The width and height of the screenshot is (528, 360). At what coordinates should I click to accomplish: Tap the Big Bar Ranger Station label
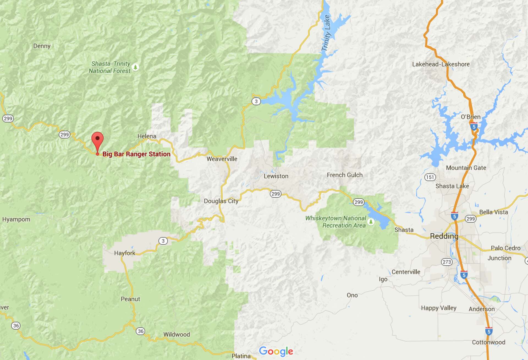click(136, 154)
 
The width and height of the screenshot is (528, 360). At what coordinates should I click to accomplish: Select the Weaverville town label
click(222, 159)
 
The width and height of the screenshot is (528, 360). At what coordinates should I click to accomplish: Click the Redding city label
click(444, 236)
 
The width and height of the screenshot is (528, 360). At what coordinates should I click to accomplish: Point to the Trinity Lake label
click(326, 33)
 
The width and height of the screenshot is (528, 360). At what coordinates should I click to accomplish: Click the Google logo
click(276, 351)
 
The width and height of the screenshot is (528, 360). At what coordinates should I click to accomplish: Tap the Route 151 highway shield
click(430, 177)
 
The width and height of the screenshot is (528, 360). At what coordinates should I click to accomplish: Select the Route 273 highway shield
click(447, 262)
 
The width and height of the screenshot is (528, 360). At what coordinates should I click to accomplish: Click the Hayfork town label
click(125, 253)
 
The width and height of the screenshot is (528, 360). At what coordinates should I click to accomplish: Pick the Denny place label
click(42, 46)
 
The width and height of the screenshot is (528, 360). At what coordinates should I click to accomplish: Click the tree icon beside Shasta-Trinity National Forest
click(135, 67)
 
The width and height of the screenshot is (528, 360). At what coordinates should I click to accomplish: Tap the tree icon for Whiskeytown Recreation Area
click(371, 221)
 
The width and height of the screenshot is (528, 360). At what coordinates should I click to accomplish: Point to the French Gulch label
click(345, 175)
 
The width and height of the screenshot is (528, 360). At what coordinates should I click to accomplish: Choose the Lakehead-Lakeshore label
click(441, 64)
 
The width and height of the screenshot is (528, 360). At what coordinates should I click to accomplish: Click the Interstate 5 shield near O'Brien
click(473, 127)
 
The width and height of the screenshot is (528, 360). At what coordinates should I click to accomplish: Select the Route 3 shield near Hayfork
click(163, 241)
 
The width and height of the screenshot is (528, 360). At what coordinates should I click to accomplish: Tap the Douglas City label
click(221, 201)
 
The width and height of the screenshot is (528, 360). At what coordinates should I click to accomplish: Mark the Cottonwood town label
click(488, 342)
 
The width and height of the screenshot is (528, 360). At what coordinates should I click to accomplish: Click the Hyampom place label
click(16, 219)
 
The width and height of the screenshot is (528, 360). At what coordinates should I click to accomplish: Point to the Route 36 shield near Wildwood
click(141, 331)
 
